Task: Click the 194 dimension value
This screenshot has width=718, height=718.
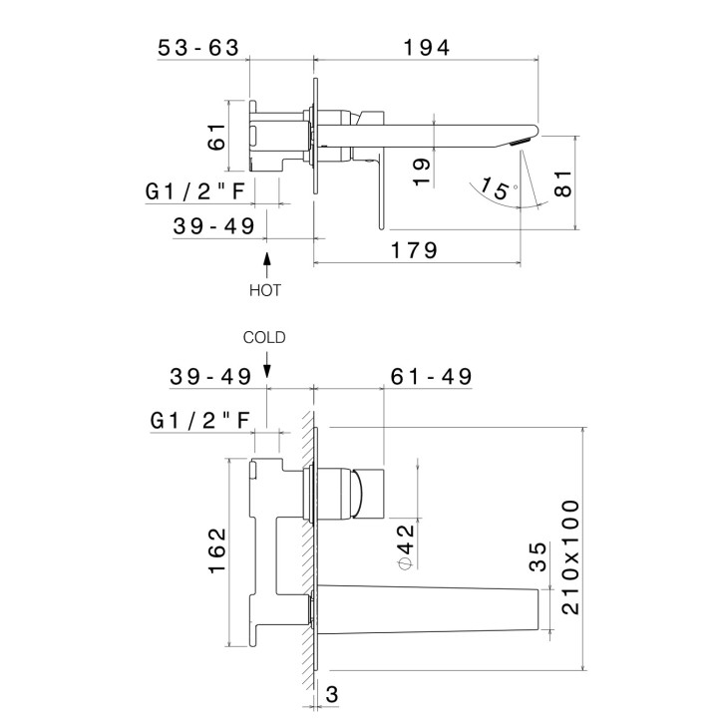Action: pos(428,47)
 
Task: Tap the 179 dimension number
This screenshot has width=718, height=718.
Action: pos(416,250)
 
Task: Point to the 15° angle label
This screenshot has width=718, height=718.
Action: pos(498,185)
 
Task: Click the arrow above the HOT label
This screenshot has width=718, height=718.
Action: pos(266,265)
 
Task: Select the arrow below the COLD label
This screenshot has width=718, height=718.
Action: pos(266,364)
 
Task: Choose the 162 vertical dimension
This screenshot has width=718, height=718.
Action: pos(216,550)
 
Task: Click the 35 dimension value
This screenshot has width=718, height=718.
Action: pos(538,555)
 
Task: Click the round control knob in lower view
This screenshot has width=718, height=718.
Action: pos(353,493)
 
